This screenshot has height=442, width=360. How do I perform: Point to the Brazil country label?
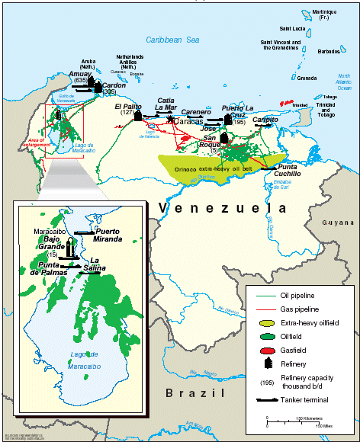tap(193, 393)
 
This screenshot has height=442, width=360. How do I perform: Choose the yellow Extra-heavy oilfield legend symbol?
tap(262, 323)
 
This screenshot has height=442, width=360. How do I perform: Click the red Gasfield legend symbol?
tap(262, 351)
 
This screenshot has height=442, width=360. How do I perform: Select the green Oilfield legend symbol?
tap(262, 337)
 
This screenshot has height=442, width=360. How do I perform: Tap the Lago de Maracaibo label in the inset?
tap(84, 358)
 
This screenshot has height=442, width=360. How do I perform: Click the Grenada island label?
tap(307, 78)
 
